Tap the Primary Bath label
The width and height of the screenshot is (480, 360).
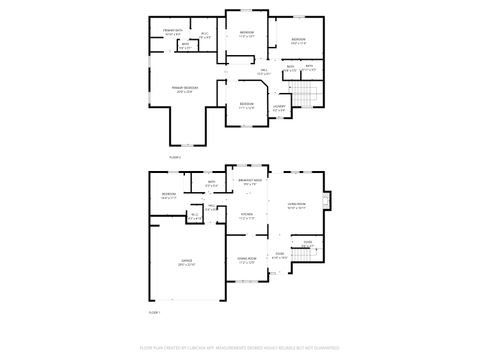pos(172,33)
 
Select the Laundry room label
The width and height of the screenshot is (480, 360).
pos(279,107)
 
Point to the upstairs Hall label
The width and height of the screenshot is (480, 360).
pos(263,71)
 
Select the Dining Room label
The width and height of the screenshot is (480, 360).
pos(247,263)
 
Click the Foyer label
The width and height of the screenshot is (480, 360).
pos(308,243)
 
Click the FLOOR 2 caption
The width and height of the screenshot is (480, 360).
pos(175,157)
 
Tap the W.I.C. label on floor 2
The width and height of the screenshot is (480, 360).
pos(204,36)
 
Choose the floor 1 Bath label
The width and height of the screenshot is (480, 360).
pos(212,184)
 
